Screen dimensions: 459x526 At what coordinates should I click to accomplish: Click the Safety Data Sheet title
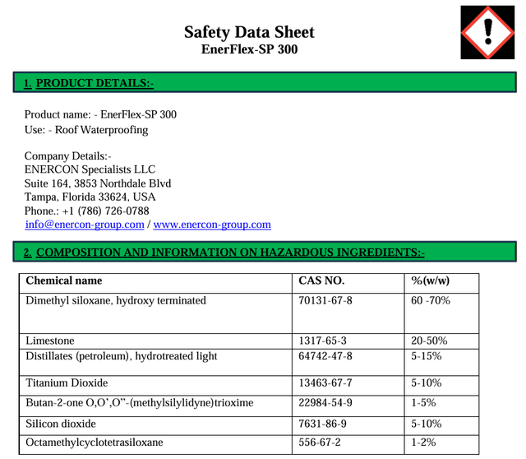point(249,32)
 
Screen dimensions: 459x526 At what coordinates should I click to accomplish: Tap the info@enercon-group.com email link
point(85,224)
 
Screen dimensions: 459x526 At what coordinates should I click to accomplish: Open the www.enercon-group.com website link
point(212,224)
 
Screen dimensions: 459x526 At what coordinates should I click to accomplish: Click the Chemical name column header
point(64,280)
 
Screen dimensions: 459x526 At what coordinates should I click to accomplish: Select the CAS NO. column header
point(321,280)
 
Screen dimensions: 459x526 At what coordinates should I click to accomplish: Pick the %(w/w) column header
point(430,280)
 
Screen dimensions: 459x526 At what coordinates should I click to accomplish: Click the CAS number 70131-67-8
point(325,300)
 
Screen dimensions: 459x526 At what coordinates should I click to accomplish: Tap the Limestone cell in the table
point(50,341)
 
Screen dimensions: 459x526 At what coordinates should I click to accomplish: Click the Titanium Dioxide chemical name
point(67,383)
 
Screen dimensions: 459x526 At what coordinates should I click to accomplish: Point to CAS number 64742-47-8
point(325,356)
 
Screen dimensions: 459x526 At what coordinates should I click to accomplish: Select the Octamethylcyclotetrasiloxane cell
point(95,443)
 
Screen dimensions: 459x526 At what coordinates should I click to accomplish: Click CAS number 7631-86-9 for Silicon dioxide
point(322,424)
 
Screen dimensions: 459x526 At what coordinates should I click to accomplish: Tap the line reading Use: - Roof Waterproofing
point(86,130)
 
